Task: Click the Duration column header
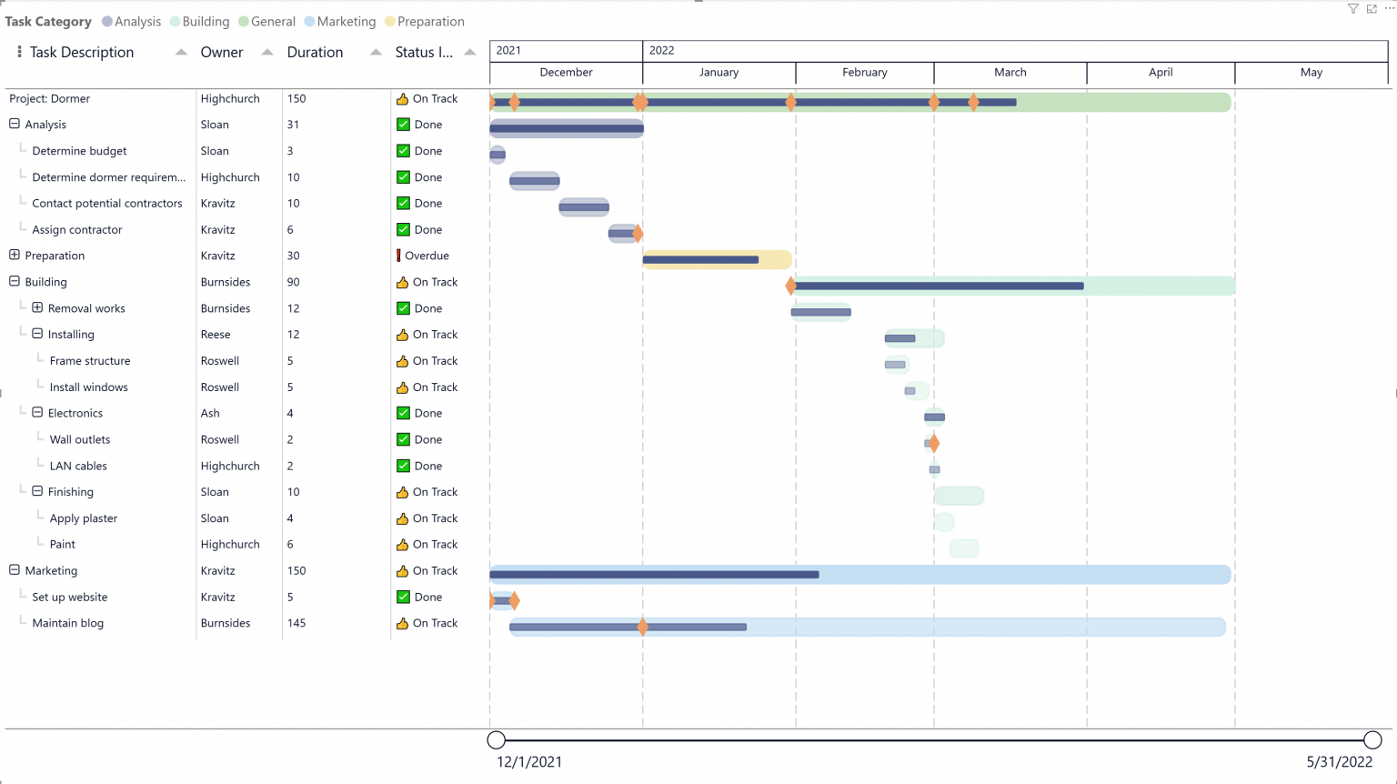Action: click(315, 52)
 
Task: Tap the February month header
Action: click(864, 72)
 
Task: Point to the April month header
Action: click(1160, 72)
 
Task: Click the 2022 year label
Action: click(661, 50)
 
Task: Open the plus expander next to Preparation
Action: click(15, 256)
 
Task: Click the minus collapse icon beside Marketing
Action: click(15, 570)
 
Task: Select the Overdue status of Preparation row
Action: click(426, 256)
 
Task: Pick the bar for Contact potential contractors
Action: click(584, 207)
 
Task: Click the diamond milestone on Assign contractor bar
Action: click(638, 234)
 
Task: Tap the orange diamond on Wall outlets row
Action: click(934, 444)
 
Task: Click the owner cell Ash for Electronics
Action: click(210, 413)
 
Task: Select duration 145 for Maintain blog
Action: click(296, 623)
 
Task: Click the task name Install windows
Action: click(88, 387)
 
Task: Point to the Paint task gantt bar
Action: click(964, 548)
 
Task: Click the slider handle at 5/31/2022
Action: click(1372, 739)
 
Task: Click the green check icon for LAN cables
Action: click(403, 466)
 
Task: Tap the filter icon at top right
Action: click(1352, 8)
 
